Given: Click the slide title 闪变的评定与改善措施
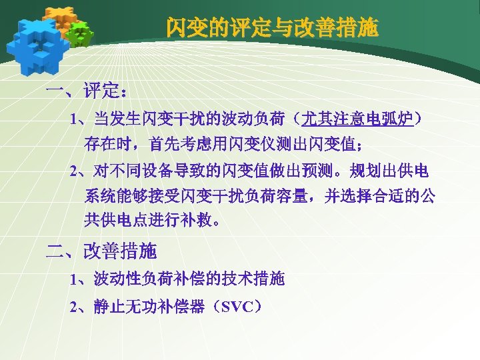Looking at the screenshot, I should click(x=272, y=28).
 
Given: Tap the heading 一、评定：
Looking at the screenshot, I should click(x=87, y=91).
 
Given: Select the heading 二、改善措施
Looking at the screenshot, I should click(x=101, y=251).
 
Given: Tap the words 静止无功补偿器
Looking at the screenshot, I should click(x=155, y=307).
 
